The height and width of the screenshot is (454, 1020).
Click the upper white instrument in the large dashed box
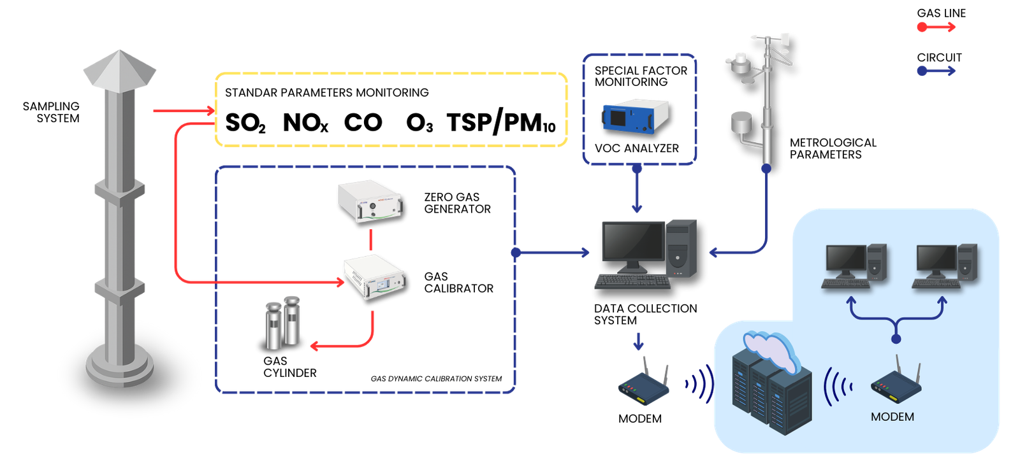370,201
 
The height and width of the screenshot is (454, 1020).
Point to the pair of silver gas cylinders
282,322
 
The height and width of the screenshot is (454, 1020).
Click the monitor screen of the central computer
633,241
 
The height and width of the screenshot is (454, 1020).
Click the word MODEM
892,417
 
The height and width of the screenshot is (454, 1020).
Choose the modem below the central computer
645,384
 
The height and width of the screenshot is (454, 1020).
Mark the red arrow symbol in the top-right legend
936,27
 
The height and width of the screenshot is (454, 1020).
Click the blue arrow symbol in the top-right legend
936,70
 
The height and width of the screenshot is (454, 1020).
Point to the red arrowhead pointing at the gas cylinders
314,346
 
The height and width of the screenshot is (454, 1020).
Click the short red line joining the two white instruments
370,240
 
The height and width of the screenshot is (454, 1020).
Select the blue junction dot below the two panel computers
896,339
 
